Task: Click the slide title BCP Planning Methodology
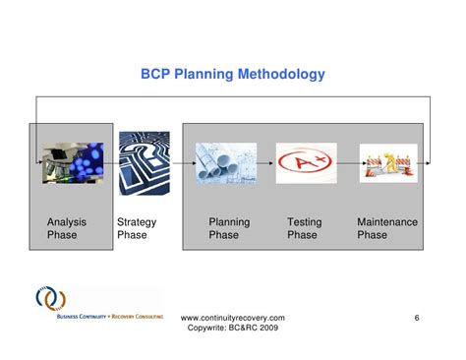[x=234, y=75]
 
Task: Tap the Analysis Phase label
[x=67, y=229]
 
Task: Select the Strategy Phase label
[x=137, y=229]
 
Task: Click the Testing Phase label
[x=302, y=229]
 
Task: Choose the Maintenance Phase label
[x=386, y=229]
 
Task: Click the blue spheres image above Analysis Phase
[x=73, y=161]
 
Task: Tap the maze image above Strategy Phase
[x=144, y=161]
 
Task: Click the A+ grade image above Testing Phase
[x=306, y=162]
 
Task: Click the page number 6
[x=417, y=318]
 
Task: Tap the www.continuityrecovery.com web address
[x=234, y=318]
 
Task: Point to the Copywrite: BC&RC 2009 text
[x=234, y=330]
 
